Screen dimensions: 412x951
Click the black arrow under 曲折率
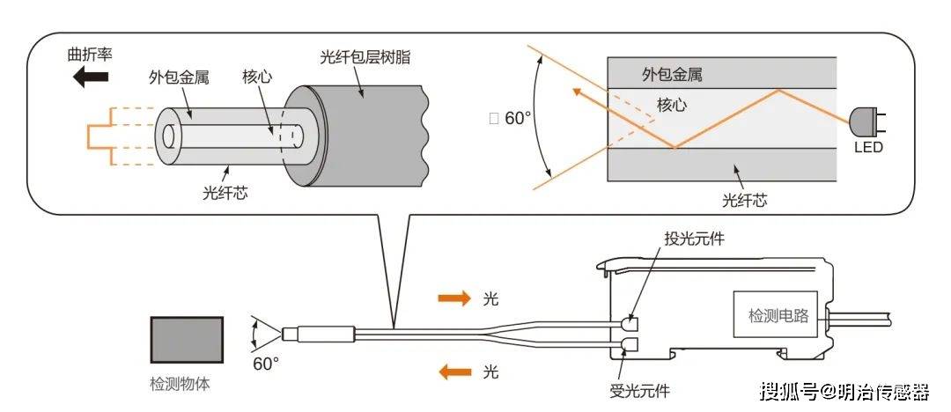(x=91, y=77)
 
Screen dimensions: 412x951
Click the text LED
(x=867, y=147)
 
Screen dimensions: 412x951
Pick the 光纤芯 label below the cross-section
(x=744, y=200)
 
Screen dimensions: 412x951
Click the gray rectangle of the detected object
(x=186, y=339)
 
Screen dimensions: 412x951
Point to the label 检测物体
(x=181, y=385)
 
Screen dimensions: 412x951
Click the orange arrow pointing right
(x=455, y=298)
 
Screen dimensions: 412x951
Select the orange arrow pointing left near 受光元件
(x=455, y=372)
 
